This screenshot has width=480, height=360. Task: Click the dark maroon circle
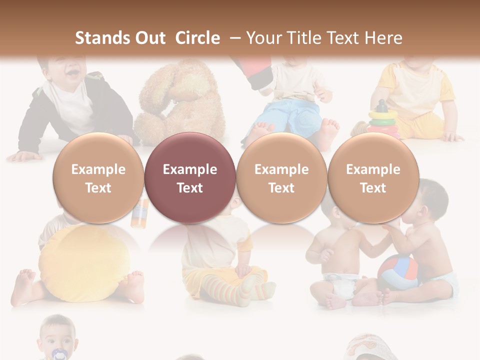190,177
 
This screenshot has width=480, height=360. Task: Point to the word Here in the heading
383,38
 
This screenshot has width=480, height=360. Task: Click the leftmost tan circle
98,177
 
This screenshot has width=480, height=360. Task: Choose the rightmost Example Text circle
373,177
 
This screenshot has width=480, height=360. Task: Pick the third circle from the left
281,177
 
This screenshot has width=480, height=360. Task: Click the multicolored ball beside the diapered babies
397,272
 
